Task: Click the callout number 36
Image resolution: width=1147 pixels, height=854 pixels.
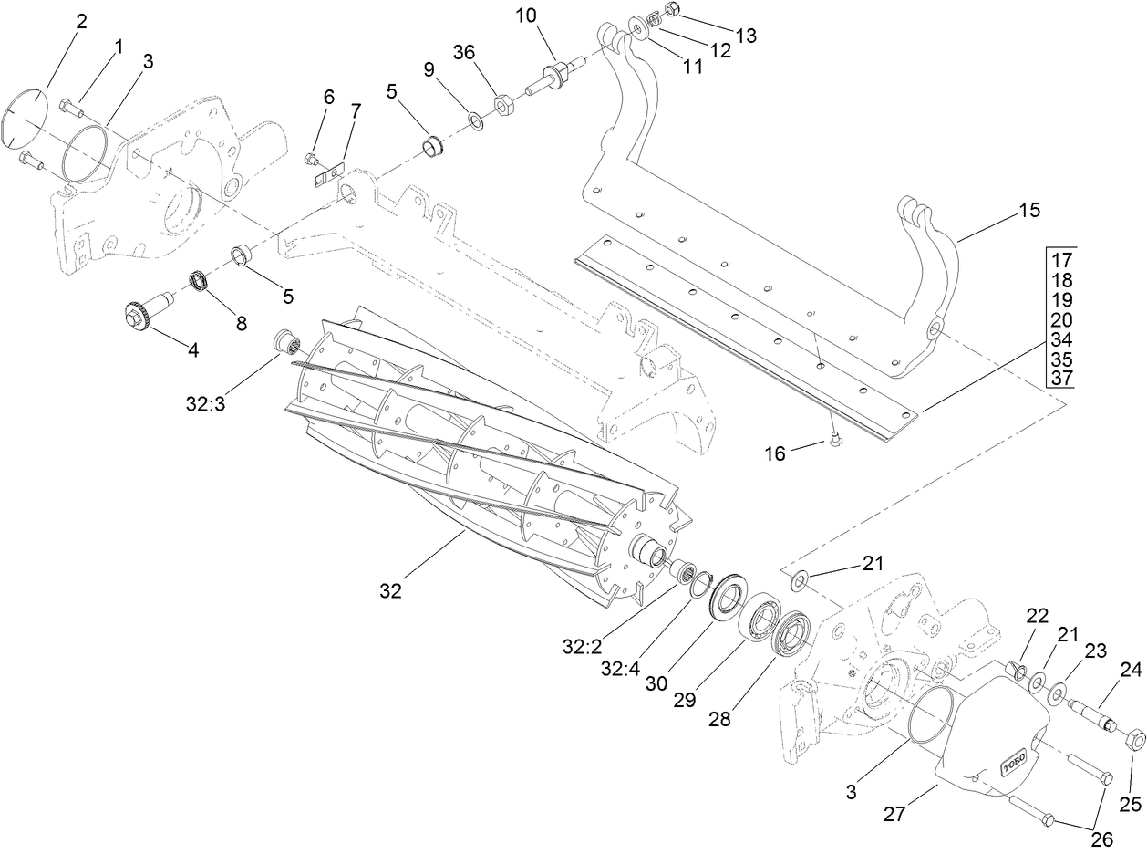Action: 464,52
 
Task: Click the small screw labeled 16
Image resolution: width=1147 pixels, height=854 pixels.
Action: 835,442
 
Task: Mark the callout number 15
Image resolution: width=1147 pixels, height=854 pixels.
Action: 1029,211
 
